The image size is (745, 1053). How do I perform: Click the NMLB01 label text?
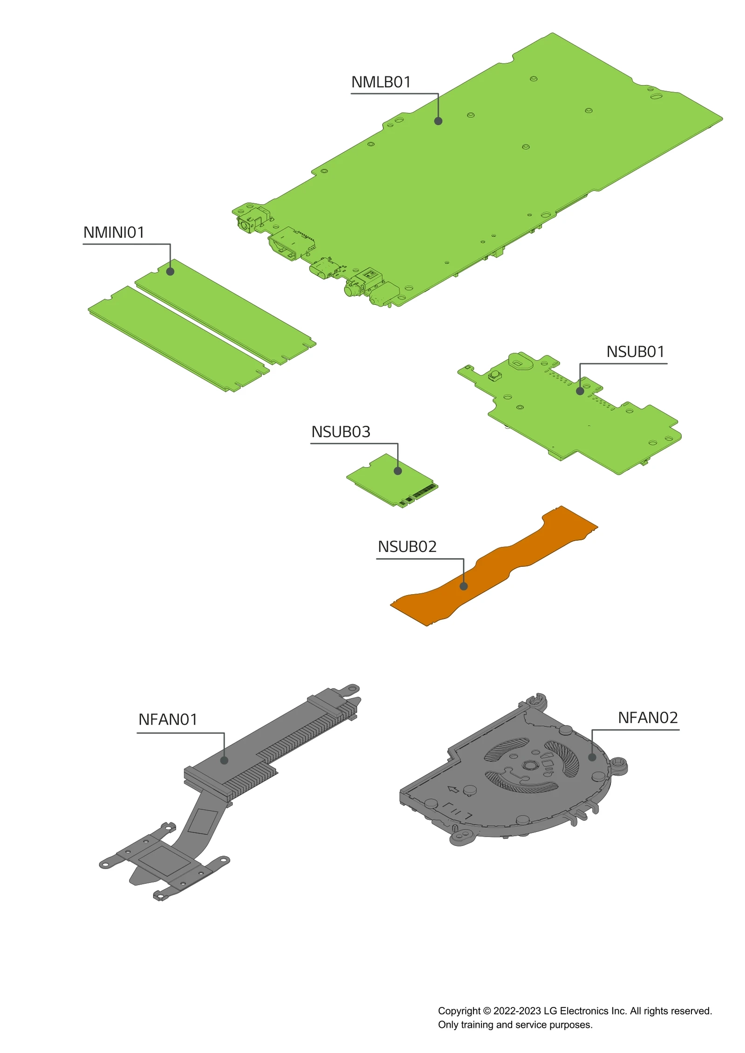coord(380,82)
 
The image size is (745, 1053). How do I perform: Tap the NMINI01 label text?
coord(114,232)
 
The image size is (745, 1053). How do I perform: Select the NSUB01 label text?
coord(635,352)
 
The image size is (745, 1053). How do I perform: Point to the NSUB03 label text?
coord(340,432)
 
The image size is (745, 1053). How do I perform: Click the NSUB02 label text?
coord(407,547)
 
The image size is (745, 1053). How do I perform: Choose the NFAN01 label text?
coord(168,719)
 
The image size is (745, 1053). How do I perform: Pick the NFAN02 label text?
coord(647,718)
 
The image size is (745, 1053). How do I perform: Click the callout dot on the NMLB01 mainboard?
coord(438,121)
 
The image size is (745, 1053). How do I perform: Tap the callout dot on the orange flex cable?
coord(463,586)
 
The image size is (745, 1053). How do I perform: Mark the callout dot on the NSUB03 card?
coord(398,471)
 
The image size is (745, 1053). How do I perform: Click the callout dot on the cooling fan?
coord(592,757)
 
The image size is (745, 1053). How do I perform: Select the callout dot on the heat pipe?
coord(224,760)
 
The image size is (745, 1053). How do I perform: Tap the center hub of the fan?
coord(529,765)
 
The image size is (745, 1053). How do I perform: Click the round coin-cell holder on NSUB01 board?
coord(520,361)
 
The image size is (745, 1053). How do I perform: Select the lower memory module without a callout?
coord(177,338)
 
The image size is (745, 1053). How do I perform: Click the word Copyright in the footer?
coord(459,1011)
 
